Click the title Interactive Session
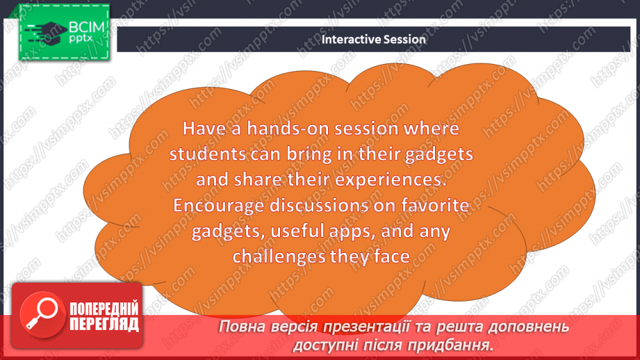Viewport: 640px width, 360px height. click(x=373, y=39)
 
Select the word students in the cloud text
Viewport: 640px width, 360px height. click(x=208, y=154)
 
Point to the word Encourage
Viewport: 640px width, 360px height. click(x=219, y=206)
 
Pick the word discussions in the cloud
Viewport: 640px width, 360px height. click(x=319, y=205)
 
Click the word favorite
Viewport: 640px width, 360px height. click(x=435, y=205)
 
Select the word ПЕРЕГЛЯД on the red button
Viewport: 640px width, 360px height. click(x=104, y=325)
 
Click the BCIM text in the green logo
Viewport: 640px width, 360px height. click(x=87, y=27)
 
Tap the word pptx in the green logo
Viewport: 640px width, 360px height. click(x=81, y=38)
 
